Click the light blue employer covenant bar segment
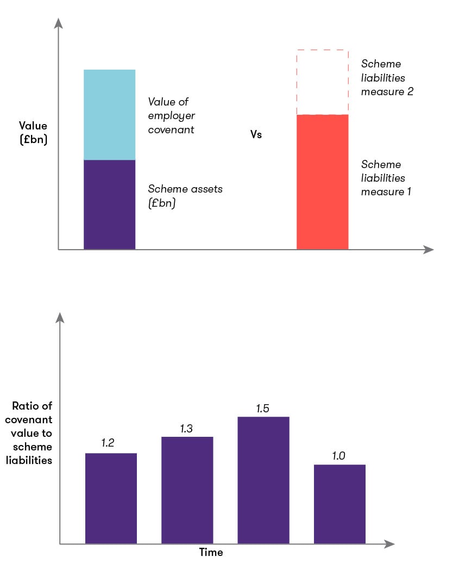109,115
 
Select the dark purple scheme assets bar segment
109,205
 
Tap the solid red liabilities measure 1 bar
322,182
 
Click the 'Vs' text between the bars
256,134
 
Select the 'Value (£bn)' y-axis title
33,132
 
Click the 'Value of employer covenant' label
172,116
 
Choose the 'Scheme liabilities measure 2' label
387,78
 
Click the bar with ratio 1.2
111,498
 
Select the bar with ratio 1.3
187,490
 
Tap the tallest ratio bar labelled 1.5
263,480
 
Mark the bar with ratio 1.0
339,504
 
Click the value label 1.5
263,408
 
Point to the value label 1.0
339,456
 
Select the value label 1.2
108,443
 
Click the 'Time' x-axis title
211,553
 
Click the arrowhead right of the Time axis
388,543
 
